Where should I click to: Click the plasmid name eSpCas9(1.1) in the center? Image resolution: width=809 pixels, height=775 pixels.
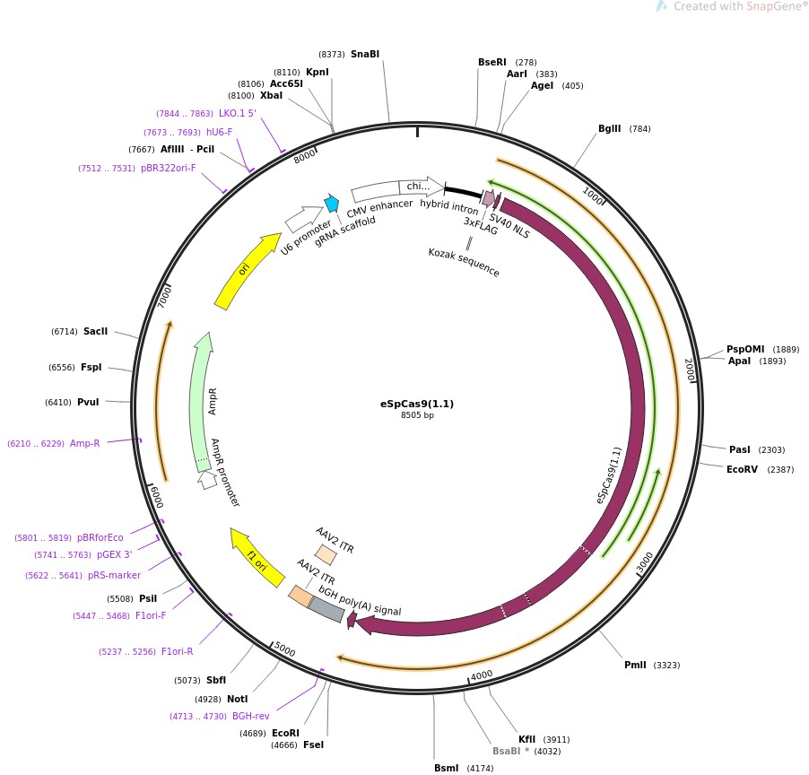[417, 404]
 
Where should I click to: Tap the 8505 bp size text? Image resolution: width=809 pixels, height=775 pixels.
[417, 415]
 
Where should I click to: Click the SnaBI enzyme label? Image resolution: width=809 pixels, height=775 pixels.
[365, 54]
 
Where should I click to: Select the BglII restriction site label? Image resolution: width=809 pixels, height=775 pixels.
[610, 128]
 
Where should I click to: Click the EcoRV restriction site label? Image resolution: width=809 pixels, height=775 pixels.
[743, 468]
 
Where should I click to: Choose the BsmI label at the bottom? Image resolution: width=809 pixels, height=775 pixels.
[446, 768]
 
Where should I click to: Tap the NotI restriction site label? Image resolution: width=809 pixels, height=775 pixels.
[237, 699]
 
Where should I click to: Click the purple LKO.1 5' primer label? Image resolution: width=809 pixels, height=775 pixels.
[238, 113]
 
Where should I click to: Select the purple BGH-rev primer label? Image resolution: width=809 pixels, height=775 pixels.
[251, 716]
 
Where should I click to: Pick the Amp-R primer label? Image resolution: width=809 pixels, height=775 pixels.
[85, 443]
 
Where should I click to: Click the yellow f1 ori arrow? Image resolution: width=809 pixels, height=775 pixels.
[256, 556]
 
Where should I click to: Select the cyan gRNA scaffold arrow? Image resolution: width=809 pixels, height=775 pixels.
[332, 204]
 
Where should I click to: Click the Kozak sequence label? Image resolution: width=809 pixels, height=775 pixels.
[464, 262]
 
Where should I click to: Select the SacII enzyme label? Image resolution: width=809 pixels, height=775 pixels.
[95, 331]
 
